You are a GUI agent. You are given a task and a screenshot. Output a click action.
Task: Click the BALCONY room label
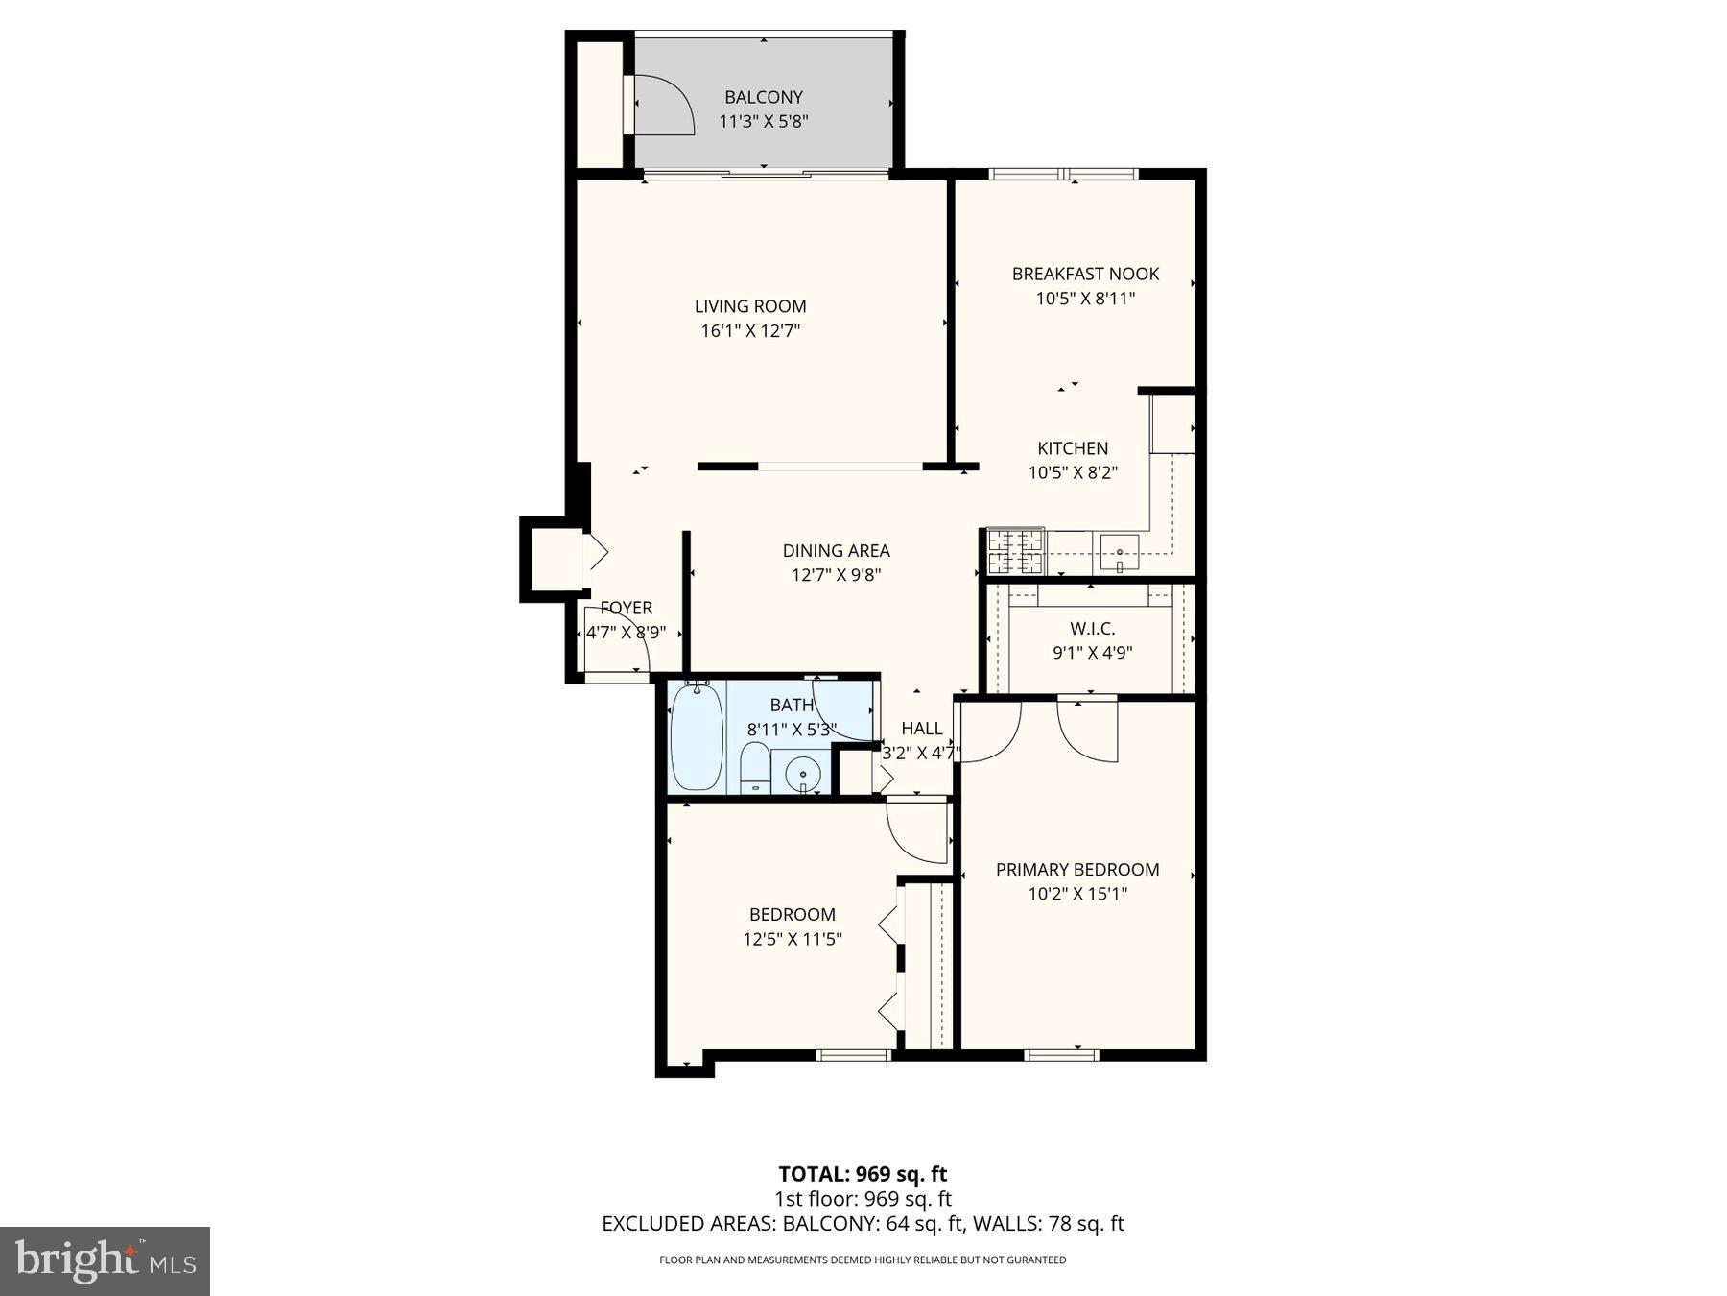click(x=763, y=97)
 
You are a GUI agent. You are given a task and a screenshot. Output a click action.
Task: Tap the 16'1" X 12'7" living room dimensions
click(x=750, y=331)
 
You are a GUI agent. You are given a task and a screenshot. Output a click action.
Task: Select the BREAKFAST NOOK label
click(x=1085, y=274)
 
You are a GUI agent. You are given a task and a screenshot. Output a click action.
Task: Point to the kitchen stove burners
click(x=1015, y=551)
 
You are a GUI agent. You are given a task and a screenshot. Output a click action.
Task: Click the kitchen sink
click(x=1119, y=552)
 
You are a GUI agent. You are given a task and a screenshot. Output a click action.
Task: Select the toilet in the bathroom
click(x=755, y=768)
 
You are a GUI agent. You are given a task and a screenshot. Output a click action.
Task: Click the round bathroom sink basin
click(x=802, y=773)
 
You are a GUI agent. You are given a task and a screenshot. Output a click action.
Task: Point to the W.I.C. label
click(x=1092, y=629)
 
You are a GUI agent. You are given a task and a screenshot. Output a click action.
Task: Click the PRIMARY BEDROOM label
click(x=1076, y=870)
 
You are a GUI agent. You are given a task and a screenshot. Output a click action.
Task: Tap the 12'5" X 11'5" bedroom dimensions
click(x=793, y=939)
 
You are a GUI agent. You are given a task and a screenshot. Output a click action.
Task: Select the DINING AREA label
click(x=836, y=551)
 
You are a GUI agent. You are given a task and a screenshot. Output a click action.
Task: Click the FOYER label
click(x=626, y=608)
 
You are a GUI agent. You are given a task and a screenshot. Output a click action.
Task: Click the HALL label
click(x=921, y=729)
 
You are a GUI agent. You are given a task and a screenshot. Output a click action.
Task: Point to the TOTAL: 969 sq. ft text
click(x=862, y=1173)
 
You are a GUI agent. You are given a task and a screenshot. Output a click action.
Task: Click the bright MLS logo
click(x=105, y=1260)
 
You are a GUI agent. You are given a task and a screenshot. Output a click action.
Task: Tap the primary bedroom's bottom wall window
click(x=1060, y=1055)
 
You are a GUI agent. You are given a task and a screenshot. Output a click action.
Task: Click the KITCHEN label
click(x=1072, y=448)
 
